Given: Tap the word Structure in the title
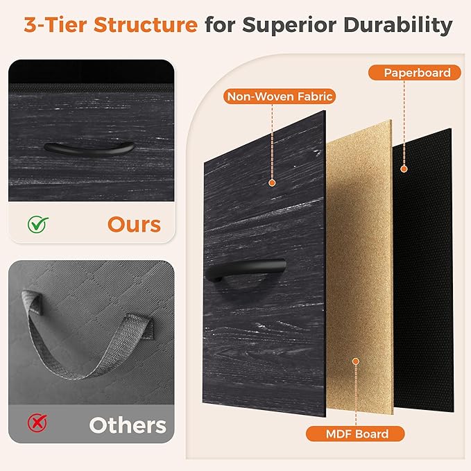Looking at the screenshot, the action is (146, 25).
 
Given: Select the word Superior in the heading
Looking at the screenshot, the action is (289, 26).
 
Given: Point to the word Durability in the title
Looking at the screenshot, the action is (397, 26).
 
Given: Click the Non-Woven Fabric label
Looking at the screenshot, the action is (280, 96).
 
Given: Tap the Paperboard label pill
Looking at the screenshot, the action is (415, 73).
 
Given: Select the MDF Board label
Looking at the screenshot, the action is (355, 434).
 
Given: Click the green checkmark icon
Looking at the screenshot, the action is (38, 224).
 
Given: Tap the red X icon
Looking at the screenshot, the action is (37, 422).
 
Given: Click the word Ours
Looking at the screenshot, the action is (134, 225).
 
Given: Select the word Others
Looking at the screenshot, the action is (128, 425).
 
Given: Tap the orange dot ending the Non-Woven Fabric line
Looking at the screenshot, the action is (272, 182).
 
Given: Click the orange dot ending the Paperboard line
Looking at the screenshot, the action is (404, 169).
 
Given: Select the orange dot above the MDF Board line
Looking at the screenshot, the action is (356, 361).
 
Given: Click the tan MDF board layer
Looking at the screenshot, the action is (359, 267).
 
